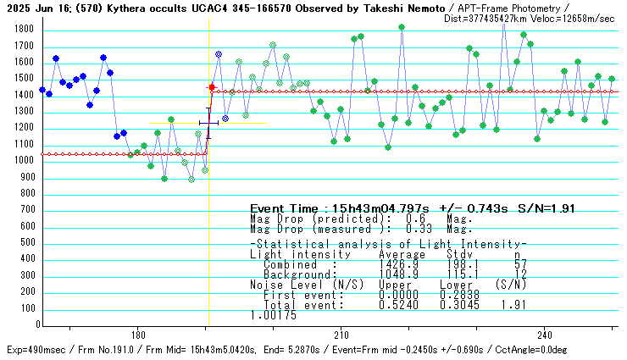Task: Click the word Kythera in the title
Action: pyautogui.click(x=124, y=8)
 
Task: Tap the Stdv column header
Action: pyautogui.click(x=461, y=254)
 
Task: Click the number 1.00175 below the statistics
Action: pyautogui.click(x=273, y=315)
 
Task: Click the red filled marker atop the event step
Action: pyautogui.click(x=212, y=87)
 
